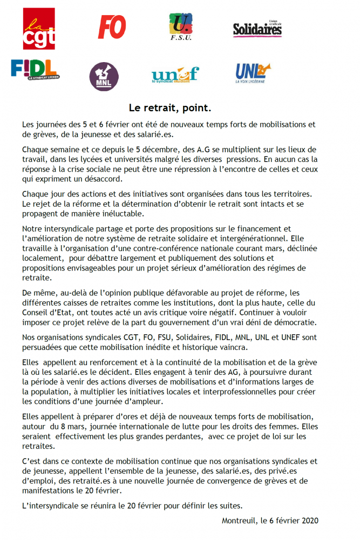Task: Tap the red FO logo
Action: [112, 27]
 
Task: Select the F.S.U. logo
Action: [181, 27]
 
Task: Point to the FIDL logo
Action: [35, 69]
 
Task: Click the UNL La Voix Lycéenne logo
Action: [253, 72]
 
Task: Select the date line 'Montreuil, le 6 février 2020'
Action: [270, 521]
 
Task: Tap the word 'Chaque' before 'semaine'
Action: [36, 149]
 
